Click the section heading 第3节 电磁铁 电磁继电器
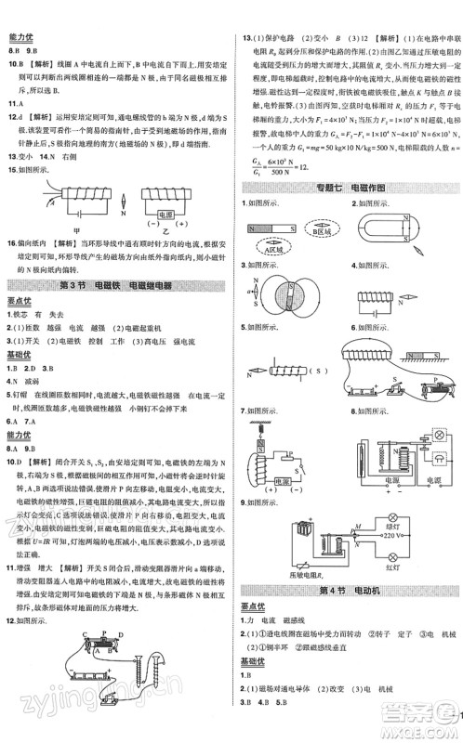coord(116,283)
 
